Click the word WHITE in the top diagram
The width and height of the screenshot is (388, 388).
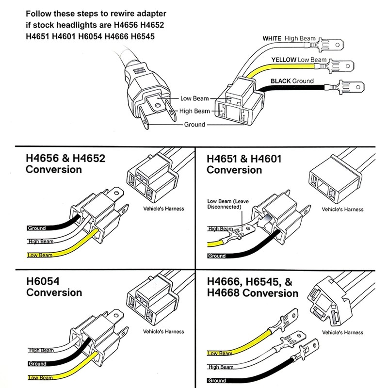[272, 39]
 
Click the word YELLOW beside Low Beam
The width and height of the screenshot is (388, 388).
[284, 60]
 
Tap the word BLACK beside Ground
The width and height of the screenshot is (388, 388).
[280, 81]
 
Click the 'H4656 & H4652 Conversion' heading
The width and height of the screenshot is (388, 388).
[65, 164]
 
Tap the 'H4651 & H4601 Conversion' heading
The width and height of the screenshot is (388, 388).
[244, 164]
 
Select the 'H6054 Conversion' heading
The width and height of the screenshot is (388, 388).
[54, 287]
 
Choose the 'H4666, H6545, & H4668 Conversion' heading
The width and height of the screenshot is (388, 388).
[252, 287]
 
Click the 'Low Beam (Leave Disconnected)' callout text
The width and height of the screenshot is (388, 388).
[228, 204]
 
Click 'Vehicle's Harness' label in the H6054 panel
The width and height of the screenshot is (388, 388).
[163, 331]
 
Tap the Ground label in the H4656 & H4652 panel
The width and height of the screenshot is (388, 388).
[37, 228]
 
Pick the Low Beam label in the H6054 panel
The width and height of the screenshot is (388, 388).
[40, 378]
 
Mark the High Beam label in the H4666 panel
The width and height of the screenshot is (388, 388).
[221, 367]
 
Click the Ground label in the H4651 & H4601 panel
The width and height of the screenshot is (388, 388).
[217, 256]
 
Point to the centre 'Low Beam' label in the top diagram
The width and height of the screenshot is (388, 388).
[194, 98]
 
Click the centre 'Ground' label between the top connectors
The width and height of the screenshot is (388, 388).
[195, 124]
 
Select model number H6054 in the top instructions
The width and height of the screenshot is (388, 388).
[90, 37]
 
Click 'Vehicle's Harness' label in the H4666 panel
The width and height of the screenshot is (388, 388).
[343, 332]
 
